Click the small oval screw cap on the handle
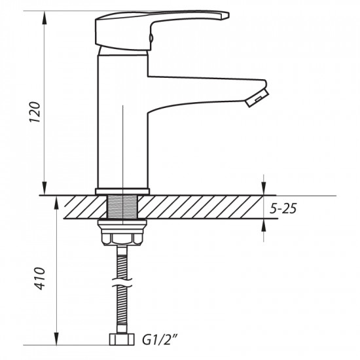(150, 40)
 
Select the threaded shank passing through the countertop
(123, 207)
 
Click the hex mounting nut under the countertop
(123, 238)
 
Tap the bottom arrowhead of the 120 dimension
(45, 189)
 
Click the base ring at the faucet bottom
(123, 192)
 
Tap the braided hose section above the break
(123, 265)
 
